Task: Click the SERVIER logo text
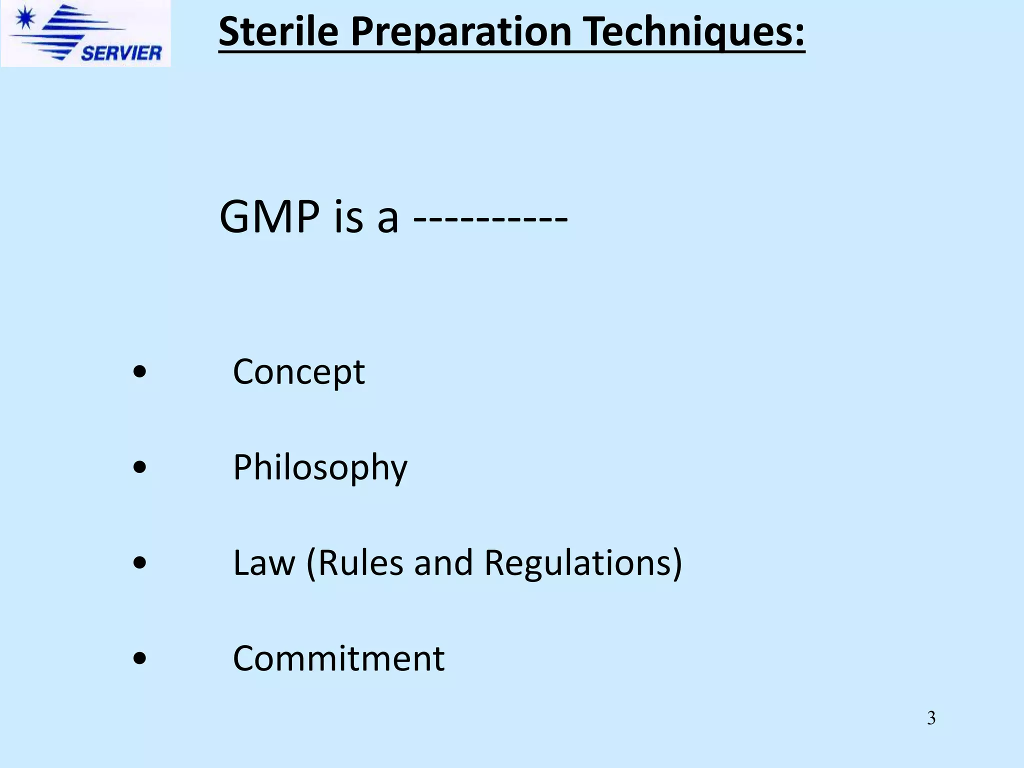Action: [x=121, y=53]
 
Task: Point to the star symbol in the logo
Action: [x=24, y=19]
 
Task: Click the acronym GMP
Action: [x=269, y=216]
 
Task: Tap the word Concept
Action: [x=299, y=372]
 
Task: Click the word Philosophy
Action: [x=320, y=467]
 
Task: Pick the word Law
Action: [x=264, y=563]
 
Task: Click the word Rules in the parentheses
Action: [x=360, y=563]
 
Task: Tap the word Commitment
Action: [x=338, y=658]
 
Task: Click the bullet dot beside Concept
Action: [x=140, y=371]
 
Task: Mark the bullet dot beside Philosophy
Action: [x=140, y=467]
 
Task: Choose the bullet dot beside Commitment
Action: [x=140, y=658]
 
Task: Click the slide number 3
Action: [x=931, y=718]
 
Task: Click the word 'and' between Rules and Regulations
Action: [x=443, y=563]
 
